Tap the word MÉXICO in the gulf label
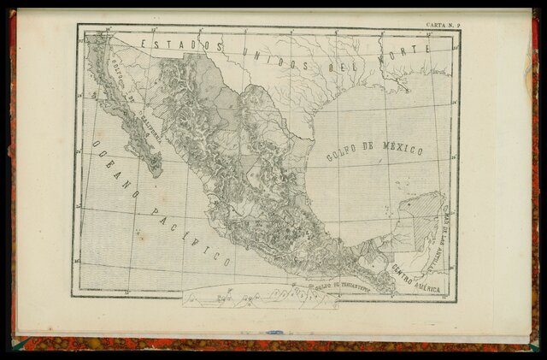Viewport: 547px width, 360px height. coord(401,150)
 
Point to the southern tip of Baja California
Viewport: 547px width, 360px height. coord(157,174)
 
